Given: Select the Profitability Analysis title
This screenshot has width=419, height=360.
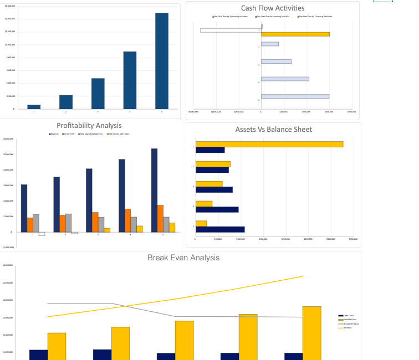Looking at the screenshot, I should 89,126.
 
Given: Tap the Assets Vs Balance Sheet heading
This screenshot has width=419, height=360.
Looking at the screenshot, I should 273,130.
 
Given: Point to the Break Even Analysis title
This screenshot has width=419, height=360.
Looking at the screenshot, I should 183,258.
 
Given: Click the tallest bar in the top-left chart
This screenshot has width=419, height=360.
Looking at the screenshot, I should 162,60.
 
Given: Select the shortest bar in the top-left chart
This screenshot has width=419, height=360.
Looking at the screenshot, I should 34,106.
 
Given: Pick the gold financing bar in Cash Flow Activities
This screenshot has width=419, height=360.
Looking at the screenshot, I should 295,34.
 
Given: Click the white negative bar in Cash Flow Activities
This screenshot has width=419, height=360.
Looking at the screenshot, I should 231,30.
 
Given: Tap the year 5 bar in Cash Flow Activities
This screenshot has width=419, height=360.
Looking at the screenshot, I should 295,96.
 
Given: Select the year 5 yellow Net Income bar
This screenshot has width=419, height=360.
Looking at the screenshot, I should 172,227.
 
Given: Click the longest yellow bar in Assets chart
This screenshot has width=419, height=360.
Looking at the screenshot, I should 269,144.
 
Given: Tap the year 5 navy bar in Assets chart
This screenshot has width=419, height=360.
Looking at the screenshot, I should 220,229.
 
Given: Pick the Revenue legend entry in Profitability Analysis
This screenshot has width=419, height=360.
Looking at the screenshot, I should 54,134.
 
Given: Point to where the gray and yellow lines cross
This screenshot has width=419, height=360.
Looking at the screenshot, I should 126,306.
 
